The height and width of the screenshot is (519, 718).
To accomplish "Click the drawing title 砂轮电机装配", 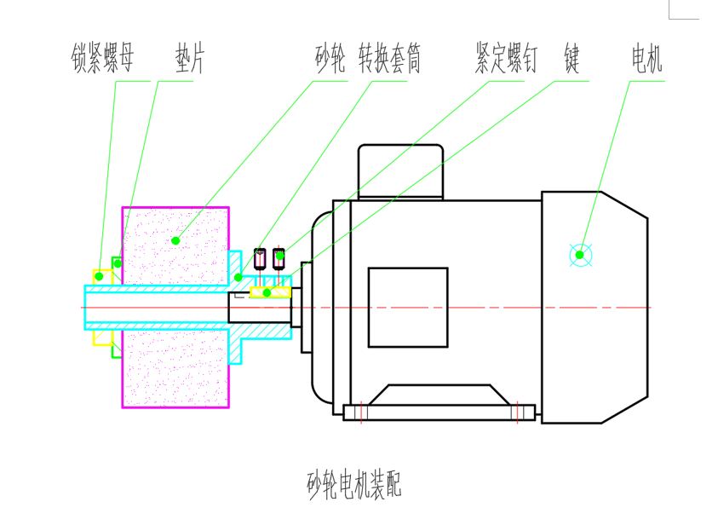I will click(x=353, y=485).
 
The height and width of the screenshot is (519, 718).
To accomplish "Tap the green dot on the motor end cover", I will click(x=580, y=254).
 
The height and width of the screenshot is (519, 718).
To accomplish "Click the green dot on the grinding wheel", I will click(x=175, y=240).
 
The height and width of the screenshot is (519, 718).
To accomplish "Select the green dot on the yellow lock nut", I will click(x=99, y=276).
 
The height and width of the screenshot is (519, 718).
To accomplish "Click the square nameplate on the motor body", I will click(x=407, y=307).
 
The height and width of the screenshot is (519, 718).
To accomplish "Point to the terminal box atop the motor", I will click(x=400, y=170).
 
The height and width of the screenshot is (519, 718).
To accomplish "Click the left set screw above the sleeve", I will click(x=261, y=256).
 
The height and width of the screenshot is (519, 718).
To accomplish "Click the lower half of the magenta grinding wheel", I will click(x=175, y=366).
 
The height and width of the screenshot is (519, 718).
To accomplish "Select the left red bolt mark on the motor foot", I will click(x=362, y=412).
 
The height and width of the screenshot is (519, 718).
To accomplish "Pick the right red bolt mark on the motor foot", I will click(x=516, y=412).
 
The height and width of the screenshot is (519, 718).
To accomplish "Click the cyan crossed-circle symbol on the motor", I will click(x=580, y=254).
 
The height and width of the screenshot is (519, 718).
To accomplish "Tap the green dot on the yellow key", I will click(x=267, y=292).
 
